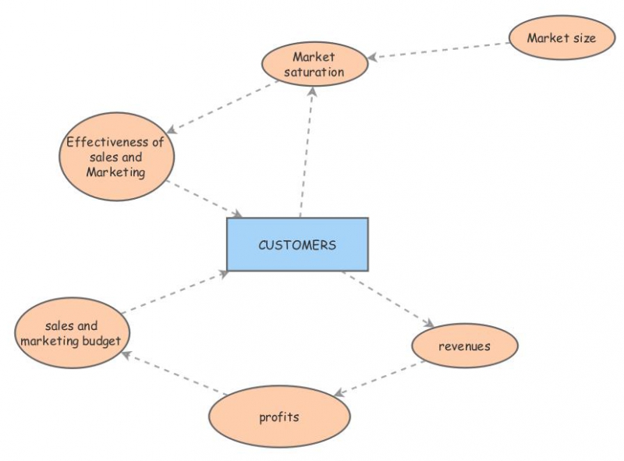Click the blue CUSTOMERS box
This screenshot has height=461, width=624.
click(x=297, y=244)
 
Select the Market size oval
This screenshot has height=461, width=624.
click(x=561, y=37)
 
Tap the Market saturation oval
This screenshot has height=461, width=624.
click(x=314, y=64)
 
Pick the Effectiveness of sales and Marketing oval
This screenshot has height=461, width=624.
click(x=116, y=157)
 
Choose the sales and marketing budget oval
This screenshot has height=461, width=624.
click(x=71, y=333)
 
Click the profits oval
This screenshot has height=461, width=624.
click(x=278, y=417)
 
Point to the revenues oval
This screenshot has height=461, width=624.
click(x=464, y=346)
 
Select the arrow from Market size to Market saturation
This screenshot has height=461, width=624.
click(x=438, y=50)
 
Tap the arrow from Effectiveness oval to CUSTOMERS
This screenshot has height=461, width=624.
click(x=205, y=200)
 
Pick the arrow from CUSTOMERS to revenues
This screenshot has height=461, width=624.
click(x=388, y=298)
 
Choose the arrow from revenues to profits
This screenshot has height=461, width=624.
click(x=380, y=378)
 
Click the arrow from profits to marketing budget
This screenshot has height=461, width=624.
click(x=174, y=372)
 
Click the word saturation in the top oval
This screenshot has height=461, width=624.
click(x=314, y=72)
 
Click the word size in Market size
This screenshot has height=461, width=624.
click(x=583, y=37)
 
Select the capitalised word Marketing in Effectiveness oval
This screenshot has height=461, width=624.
click(x=115, y=172)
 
